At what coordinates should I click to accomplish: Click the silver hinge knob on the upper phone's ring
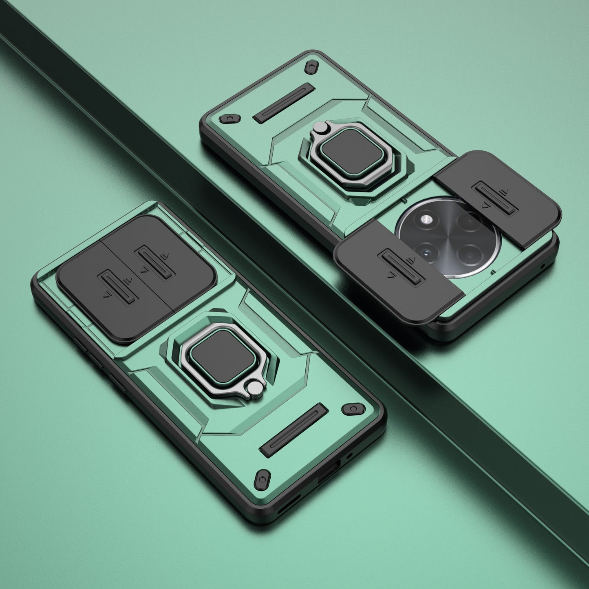(x=320, y=128)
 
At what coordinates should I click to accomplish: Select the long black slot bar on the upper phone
(x=284, y=103)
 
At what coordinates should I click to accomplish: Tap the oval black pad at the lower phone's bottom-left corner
(x=263, y=479)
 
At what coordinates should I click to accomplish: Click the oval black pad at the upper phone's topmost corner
(x=312, y=66)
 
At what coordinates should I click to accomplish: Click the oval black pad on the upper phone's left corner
(x=229, y=118)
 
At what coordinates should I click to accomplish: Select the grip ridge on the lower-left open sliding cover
(x=401, y=267)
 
